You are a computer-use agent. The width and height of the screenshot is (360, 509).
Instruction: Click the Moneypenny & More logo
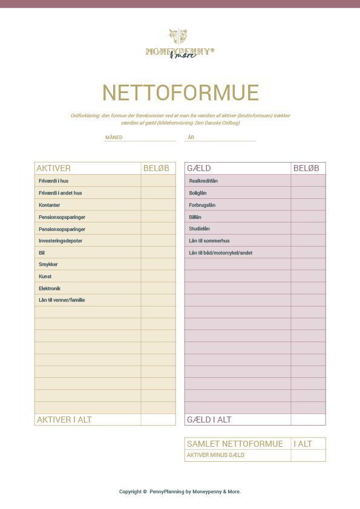180,44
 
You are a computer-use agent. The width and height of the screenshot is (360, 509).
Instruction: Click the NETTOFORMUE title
180,93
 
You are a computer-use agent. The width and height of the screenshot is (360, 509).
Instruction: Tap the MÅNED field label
114,138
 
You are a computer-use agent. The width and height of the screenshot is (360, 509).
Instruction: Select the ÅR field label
191,138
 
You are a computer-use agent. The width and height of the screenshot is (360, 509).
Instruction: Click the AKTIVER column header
54,168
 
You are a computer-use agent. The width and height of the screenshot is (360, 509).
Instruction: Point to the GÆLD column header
199,168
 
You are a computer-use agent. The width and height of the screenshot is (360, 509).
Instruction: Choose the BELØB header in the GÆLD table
306,168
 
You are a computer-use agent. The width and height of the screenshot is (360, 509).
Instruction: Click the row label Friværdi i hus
54,181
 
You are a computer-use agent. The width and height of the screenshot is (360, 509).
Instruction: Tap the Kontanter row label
49,205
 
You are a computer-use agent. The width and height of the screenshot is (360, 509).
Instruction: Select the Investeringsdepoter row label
61,241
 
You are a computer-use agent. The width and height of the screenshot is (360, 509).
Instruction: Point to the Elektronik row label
50,288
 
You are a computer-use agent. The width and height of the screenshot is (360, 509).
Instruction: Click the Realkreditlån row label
203,181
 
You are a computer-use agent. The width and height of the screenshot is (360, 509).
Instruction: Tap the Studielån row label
199,229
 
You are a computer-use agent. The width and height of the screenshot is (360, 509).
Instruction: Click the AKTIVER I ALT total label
64,420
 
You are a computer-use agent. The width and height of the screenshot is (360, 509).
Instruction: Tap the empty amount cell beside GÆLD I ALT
308,420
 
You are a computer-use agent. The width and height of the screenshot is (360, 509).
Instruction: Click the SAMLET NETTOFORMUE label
235,444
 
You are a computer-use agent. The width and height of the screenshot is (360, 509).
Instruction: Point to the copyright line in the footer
180,491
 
